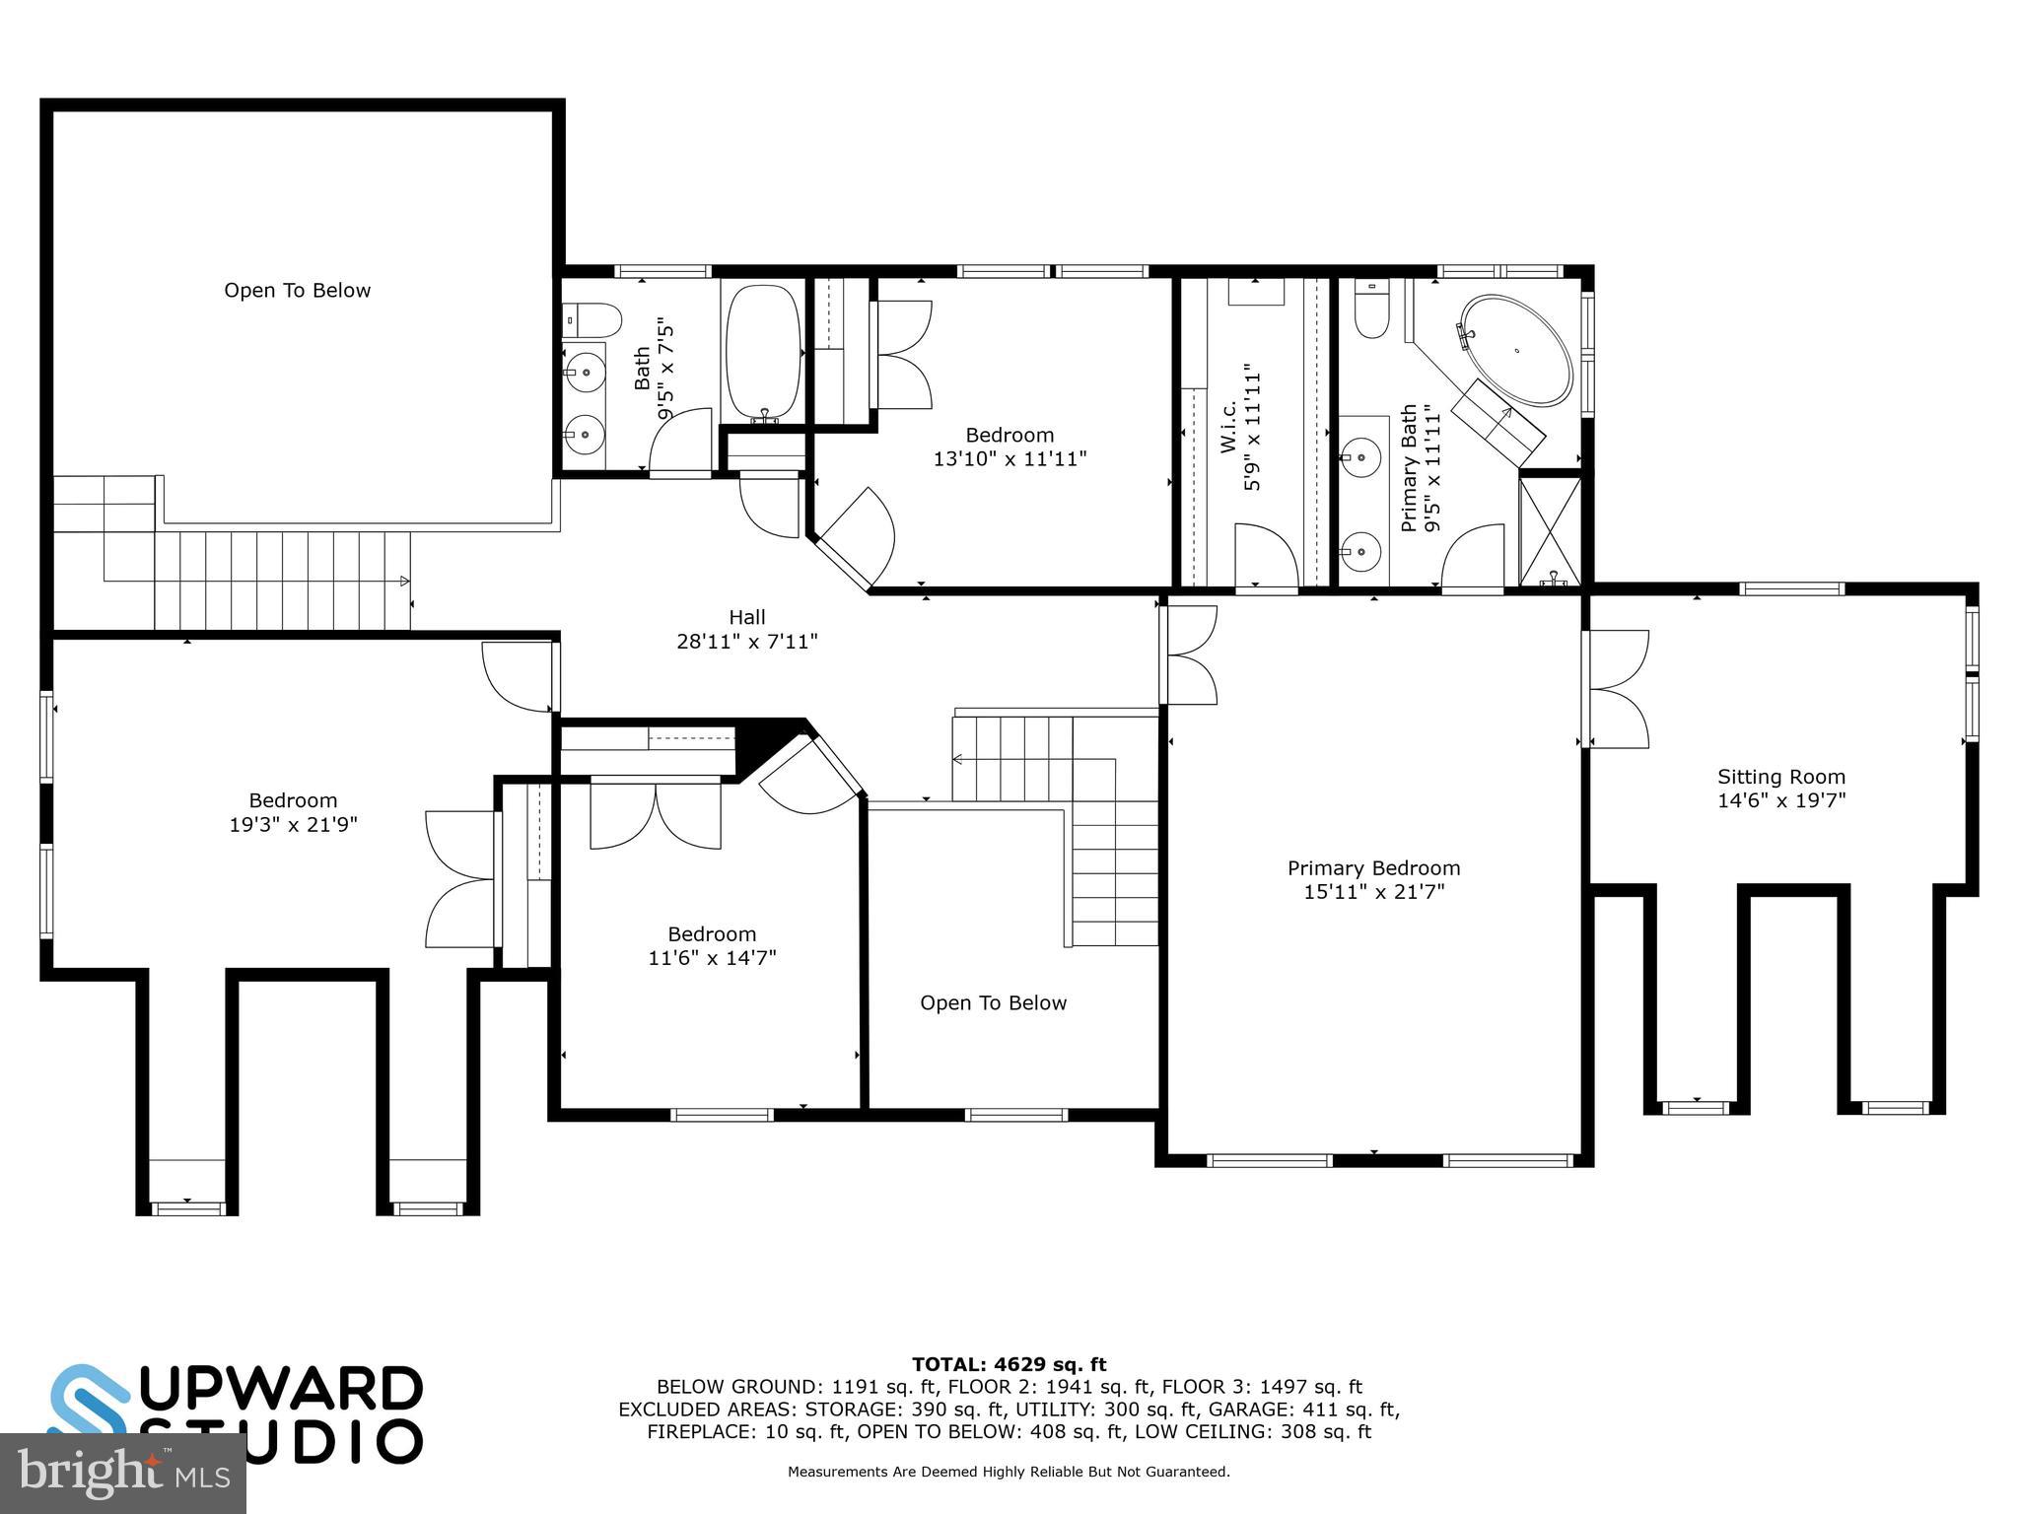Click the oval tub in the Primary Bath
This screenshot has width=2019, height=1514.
1516,350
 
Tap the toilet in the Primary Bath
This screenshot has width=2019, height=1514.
1371,310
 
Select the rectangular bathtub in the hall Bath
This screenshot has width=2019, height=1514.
763,351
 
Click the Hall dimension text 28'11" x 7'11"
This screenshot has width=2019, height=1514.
746,642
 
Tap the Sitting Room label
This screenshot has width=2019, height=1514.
1780,777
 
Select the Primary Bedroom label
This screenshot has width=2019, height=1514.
1373,868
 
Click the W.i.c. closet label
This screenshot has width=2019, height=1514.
1228,427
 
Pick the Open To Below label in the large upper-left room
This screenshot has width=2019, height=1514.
297,291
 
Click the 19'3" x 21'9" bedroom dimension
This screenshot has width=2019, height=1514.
293,825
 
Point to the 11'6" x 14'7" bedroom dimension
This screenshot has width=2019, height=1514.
712,958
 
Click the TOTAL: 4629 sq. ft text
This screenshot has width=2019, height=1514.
1009,1365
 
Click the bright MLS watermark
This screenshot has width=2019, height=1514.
122,1473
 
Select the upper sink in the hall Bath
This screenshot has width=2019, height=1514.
586,372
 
